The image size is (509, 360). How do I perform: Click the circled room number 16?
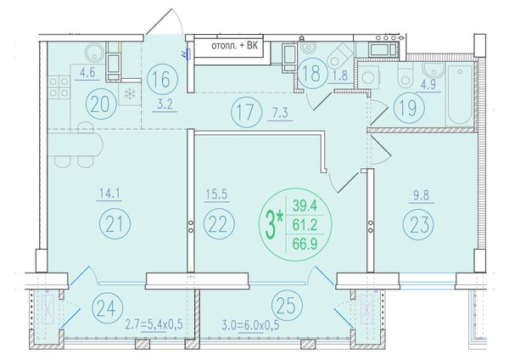(x=162, y=79)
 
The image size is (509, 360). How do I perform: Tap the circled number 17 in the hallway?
(x=247, y=112)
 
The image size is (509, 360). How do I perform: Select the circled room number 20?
(x=101, y=104)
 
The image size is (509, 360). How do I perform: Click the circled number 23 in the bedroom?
(x=418, y=225)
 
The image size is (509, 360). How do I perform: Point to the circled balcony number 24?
(x=108, y=307)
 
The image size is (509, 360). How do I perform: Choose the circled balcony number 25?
(x=287, y=306)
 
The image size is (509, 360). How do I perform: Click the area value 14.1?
(x=109, y=194)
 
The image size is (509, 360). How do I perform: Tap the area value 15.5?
(x=216, y=194)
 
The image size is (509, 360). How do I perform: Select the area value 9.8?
(x=422, y=195)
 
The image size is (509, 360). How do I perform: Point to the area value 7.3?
(x=279, y=114)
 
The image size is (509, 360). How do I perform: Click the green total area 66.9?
(x=305, y=244)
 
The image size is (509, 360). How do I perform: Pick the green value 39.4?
(x=305, y=205)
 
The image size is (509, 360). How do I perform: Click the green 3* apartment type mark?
(x=274, y=224)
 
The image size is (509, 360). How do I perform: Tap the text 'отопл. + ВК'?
(x=235, y=46)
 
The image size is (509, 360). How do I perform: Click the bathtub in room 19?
(x=459, y=94)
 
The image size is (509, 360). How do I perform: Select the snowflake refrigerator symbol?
(x=130, y=94)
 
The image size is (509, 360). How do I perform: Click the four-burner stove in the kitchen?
(x=59, y=87)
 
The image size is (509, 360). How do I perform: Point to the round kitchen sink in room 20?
(x=94, y=53)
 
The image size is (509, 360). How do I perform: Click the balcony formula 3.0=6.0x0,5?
(x=250, y=325)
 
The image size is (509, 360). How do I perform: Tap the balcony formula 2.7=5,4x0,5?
(x=154, y=324)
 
